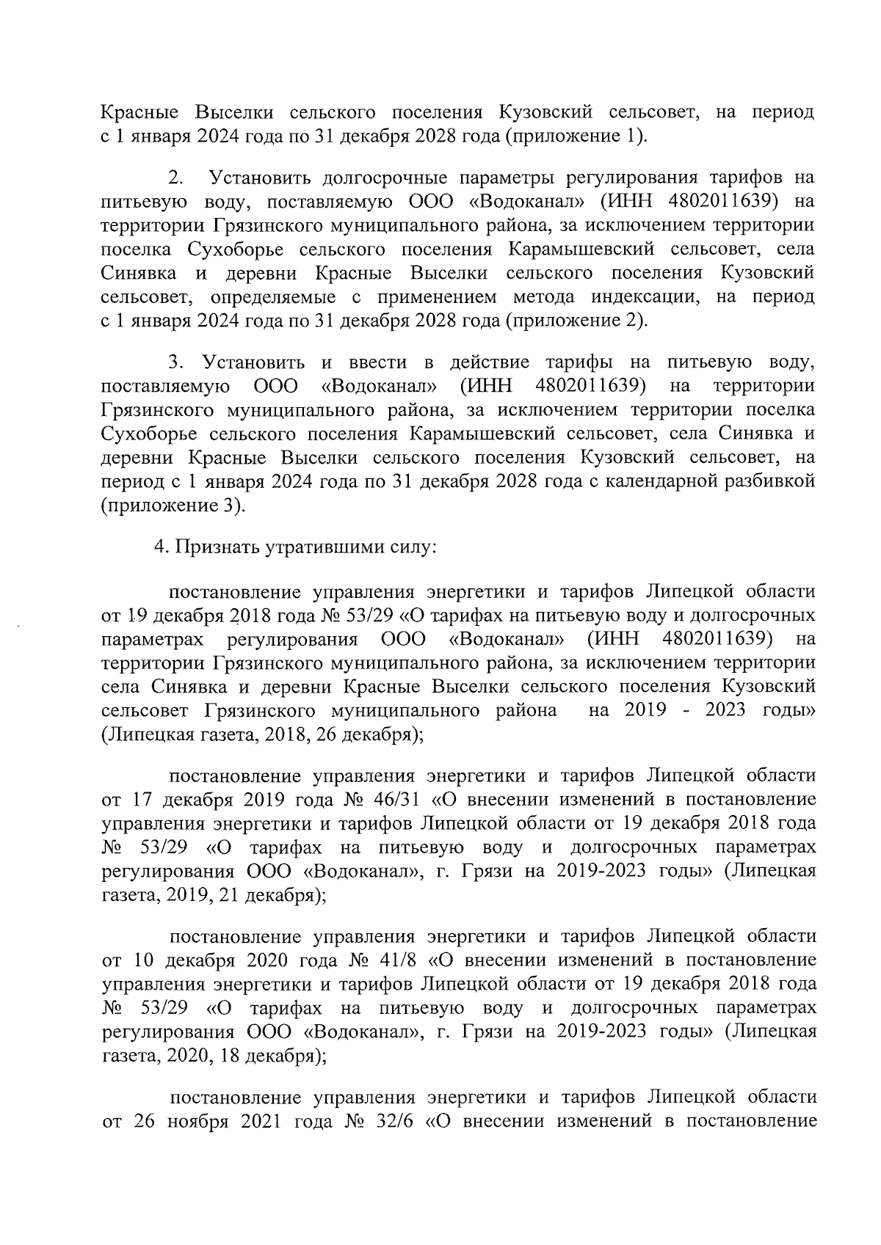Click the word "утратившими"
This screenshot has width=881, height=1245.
320,548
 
